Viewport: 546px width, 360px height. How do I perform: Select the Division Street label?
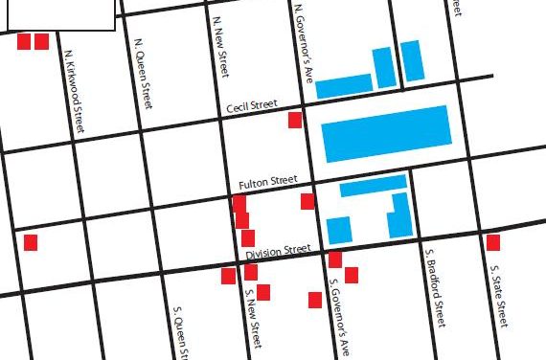click(x=278, y=252)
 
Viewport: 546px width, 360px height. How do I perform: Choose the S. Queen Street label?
click(x=179, y=331)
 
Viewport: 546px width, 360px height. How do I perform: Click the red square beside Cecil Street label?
click(x=295, y=120)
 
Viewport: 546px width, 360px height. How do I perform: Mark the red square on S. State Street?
click(x=492, y=242)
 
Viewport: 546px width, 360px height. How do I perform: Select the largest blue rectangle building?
click(x=386, y=133)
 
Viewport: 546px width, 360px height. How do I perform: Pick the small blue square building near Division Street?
click(x=339, y=230)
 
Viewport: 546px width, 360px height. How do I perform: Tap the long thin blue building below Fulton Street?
click(x=373, y=185)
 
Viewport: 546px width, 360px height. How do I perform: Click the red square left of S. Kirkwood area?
click(x=31, y=242)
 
